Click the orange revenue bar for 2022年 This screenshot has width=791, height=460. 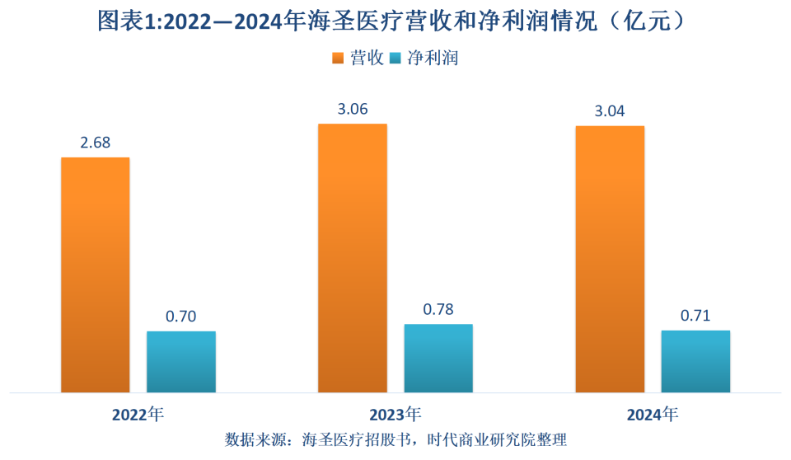point(96,275)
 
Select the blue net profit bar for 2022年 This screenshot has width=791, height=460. point(181,361)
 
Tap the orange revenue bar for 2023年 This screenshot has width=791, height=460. point(353,258)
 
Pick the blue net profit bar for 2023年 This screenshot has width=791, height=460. point(438,358)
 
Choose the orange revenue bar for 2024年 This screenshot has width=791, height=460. point(610,259)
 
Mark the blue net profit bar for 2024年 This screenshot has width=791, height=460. point(695,360)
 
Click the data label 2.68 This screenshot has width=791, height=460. point(96,143)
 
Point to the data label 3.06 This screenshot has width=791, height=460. point(353,109)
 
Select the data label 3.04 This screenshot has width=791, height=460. point(610,111)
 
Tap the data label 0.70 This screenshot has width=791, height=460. point(181,317)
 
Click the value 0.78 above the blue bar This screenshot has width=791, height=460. point(438,309)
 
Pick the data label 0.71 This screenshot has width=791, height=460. point(695,316)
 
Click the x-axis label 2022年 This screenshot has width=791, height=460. point(138,414)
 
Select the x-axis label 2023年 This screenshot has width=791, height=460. point(395,414)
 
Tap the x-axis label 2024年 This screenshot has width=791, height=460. point(653,414)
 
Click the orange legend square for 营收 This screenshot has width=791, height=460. point(338,59)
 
